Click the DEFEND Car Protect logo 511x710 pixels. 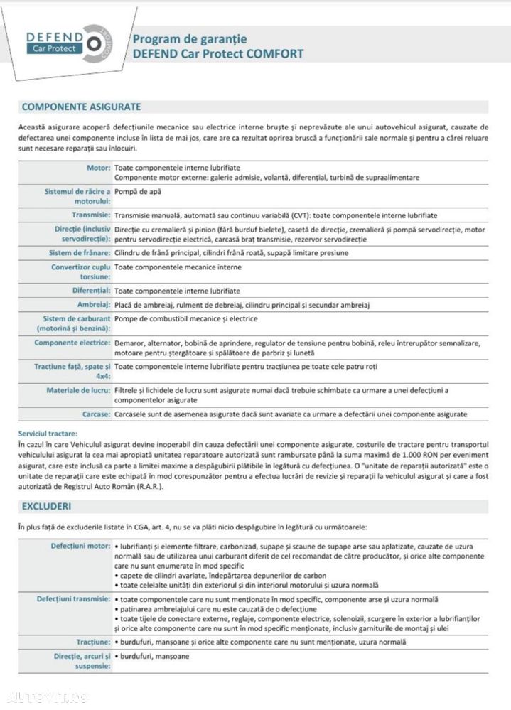click(x=65, y=45)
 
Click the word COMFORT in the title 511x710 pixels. click(x=276, y=53)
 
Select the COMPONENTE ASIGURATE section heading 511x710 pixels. click(x=81, y=107)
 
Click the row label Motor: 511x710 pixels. click(x=97, y=167)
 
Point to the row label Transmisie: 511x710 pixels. click(x=90, y=215)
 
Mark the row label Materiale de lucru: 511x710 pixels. click(x=77, y=390)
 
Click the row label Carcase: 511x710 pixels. click(x=95, y=414)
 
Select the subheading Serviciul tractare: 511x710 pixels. click(x=49, y=433)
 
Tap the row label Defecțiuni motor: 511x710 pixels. click(x=80, y=546)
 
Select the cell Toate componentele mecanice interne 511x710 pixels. click(x=178, y=267)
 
